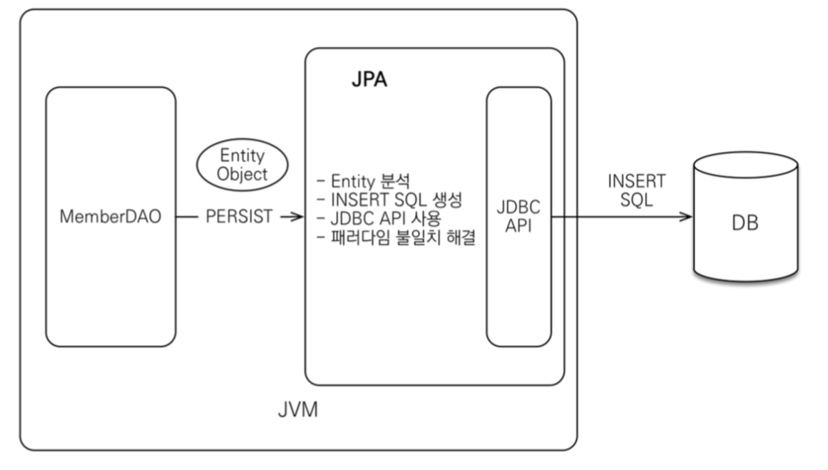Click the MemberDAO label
tap(111, 217)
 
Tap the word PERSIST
tap(239, 217)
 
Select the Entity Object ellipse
tap(243, 165)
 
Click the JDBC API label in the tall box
tap(519, 217)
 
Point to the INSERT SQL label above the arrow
tap(636, 190)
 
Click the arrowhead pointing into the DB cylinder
tap(686, 216)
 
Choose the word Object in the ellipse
tap(243, 173)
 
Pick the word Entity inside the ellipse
tap(243, 156)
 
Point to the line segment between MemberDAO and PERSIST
tap(188, 217)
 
